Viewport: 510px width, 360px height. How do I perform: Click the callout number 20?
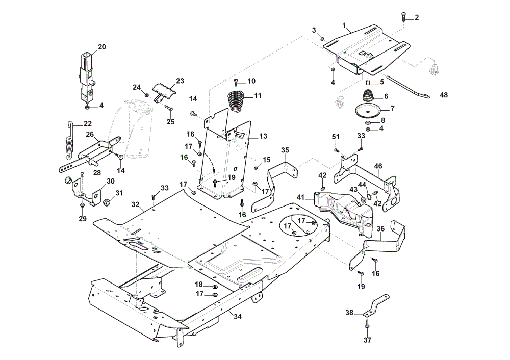point(102,47)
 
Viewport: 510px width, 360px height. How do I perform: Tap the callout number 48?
point(443,95)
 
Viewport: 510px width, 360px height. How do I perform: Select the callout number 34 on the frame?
point(238,317)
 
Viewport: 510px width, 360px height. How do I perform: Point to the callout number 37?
point(367,340)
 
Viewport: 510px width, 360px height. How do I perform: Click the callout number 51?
point(336,137)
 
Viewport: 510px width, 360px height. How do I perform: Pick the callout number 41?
point(300,197)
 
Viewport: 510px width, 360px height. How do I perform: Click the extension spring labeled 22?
point(69,141)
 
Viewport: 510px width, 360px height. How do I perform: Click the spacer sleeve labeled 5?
point(368,82)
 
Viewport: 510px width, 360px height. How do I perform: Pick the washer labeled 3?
point(321,39)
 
